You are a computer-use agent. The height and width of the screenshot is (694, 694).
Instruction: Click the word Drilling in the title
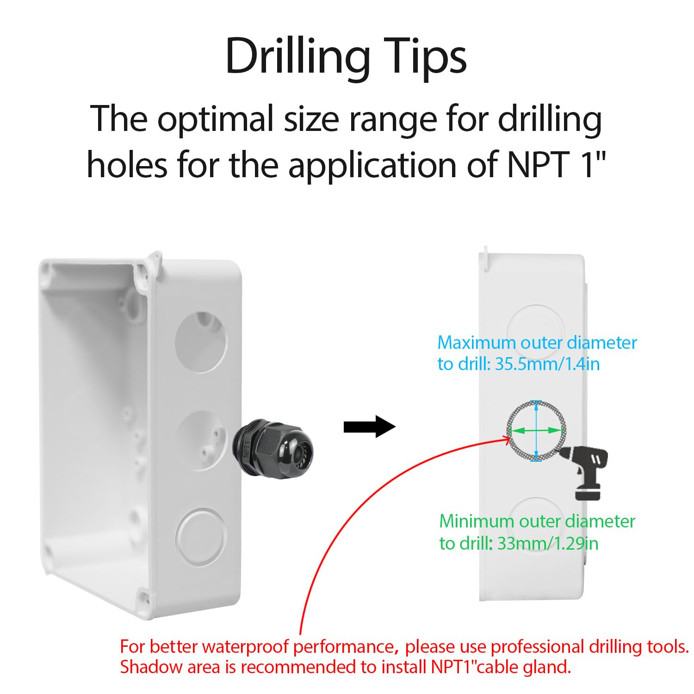click(297, 57)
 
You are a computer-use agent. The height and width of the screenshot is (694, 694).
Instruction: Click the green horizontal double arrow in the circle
click(536, 430)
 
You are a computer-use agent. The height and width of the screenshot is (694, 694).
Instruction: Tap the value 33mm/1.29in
click(548, 543)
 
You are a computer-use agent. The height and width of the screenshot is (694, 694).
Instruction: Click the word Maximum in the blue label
click(477, 343)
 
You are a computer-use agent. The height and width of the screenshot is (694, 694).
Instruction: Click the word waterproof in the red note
click(245, 646)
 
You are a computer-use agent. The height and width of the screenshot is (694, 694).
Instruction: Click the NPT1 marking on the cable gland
click(247, 449)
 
